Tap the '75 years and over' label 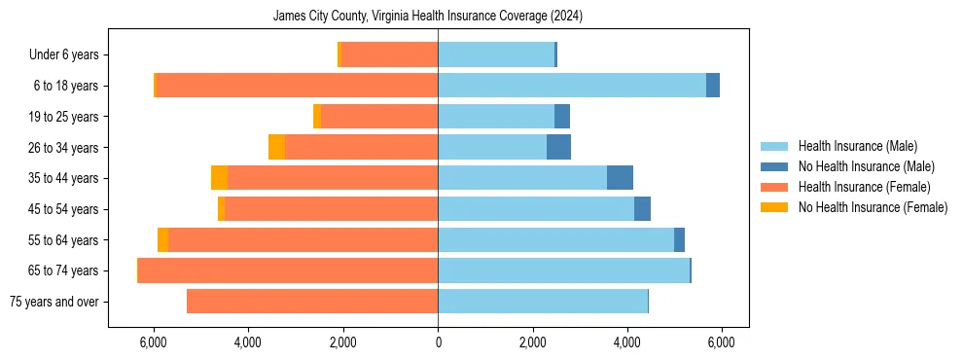[x=53, y=302]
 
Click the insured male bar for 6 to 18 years [x=572, y=86]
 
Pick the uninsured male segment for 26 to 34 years [x=558, y=148]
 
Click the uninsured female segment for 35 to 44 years [x=219, y=178]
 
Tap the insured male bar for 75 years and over [x=543, y=302]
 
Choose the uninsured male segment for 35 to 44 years [x=620, y=178]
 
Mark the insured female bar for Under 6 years [x=389, y=55]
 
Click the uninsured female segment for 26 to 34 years [x=276, y=148]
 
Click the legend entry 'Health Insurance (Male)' [x=857, y=146]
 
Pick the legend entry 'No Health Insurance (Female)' [x=873, y=207]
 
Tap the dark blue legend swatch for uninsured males [x=774, y=166]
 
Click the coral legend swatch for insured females [x=774, y=187]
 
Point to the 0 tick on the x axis [x=438, y=342]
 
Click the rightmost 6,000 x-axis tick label [x=721, y=342]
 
